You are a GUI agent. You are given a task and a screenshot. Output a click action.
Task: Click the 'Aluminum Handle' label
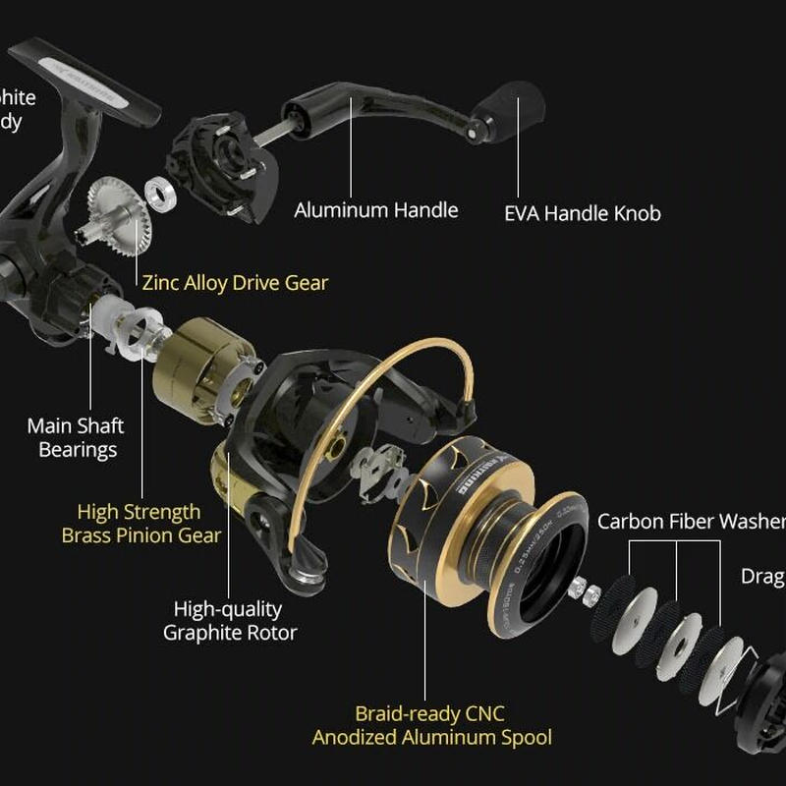376,210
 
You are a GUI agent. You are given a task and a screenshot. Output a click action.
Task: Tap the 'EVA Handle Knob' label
582,213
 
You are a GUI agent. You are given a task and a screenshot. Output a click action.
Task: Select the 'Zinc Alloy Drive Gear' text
235,283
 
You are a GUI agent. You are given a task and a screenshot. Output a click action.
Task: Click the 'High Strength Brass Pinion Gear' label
140,524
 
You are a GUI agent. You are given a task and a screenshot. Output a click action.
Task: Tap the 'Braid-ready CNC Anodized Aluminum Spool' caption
431,725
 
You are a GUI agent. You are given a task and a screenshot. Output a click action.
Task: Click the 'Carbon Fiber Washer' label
691,521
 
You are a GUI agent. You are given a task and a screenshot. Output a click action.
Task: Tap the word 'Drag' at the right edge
762,577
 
